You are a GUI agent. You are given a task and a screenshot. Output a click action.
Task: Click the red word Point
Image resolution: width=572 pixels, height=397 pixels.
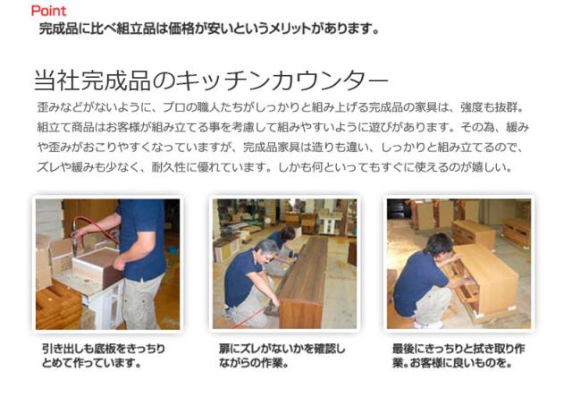pyautogui.click(x=49, y=11)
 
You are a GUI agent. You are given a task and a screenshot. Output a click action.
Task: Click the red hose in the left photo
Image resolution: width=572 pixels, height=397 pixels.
pyautogui.click(x=96, y=225)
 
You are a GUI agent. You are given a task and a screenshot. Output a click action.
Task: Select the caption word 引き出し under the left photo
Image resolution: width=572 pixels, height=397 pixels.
pyautogui.click(x=64, y=349)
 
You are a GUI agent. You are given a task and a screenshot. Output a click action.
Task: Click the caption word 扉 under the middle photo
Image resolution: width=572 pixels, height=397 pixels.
pyautogui.click(x=224, y=349)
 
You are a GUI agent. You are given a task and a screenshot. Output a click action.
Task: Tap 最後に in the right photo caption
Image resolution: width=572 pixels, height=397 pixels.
pyautogui.click(x=409, y=349)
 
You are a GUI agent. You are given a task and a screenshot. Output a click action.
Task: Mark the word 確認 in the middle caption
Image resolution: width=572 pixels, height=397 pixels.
pyautogui.click(x=325, y=349)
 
